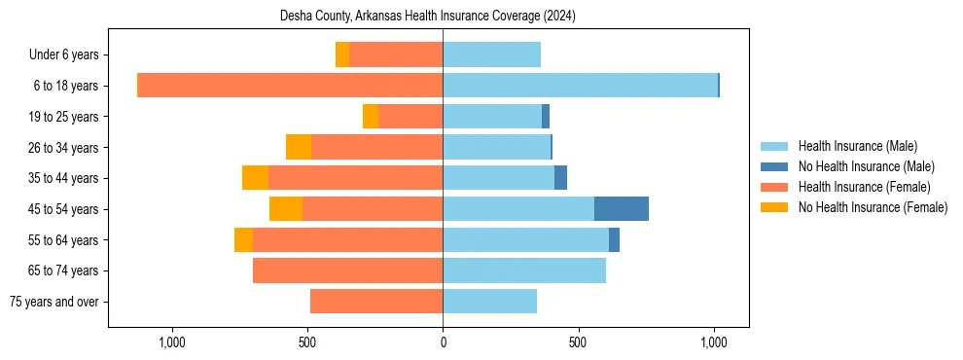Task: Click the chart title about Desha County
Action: click(x=428, y=16)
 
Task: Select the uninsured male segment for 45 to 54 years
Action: click(x=622, y=209)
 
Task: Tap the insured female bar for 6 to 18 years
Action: click(x=290, y=86)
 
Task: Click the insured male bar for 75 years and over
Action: click(x=489, y=302)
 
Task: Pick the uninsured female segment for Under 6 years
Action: click(x=342, y=54)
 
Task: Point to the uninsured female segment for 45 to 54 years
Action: click(x=286, y=209)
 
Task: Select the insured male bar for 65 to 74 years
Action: click(x=524, y=270)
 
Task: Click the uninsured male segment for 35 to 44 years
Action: click(x=560, y=178)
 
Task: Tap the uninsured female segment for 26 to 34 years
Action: click(x=299, y=147)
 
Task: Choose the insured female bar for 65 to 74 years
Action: click(x=347, y=270)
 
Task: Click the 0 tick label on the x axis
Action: click(x=443, y=342)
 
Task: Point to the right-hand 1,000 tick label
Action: click(x=714, y=342)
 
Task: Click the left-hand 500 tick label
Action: click(x=307, y=342)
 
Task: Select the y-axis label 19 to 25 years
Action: click(x=70, y=117)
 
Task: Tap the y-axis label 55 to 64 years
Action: click(x=70, y=240)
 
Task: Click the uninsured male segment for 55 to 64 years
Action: click(x=614, y=240)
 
